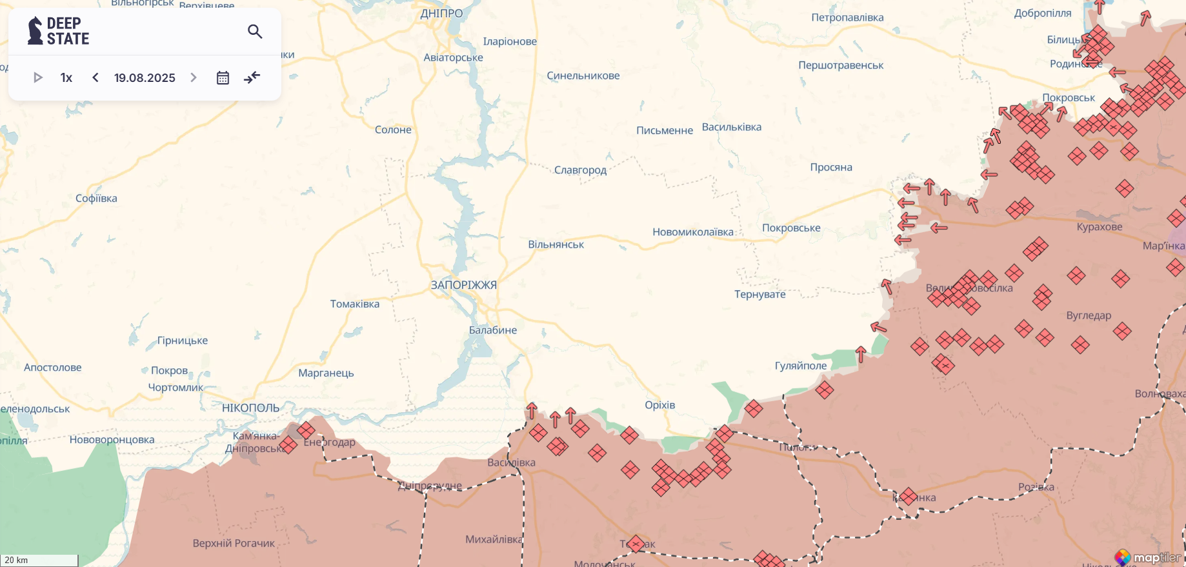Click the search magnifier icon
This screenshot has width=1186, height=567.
point(255,32)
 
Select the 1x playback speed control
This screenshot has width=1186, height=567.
point(66,78)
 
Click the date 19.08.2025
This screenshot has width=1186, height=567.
point(145,78)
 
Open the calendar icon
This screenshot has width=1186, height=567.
point(223,78)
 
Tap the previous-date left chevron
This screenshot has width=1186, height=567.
point(95,78)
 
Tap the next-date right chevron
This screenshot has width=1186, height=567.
point(193,78)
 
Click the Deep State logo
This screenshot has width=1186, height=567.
point(59,31)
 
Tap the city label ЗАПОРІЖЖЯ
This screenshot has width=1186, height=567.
point(463,285)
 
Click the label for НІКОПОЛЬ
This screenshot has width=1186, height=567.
point(250,408)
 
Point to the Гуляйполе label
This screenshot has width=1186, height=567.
point(800,366)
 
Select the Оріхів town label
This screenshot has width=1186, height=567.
point(659,405)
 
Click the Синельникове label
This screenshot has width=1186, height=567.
point(583,75)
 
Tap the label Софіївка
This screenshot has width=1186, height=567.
point(96,199)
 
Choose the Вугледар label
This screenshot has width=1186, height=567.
point(1089,315)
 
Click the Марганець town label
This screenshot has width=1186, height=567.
point(326,373)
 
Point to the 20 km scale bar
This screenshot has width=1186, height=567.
point(39,560)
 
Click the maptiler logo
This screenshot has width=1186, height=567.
point(1149,557)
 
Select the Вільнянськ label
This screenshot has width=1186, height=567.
point(556,244)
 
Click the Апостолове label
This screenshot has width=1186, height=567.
point(53,368)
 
